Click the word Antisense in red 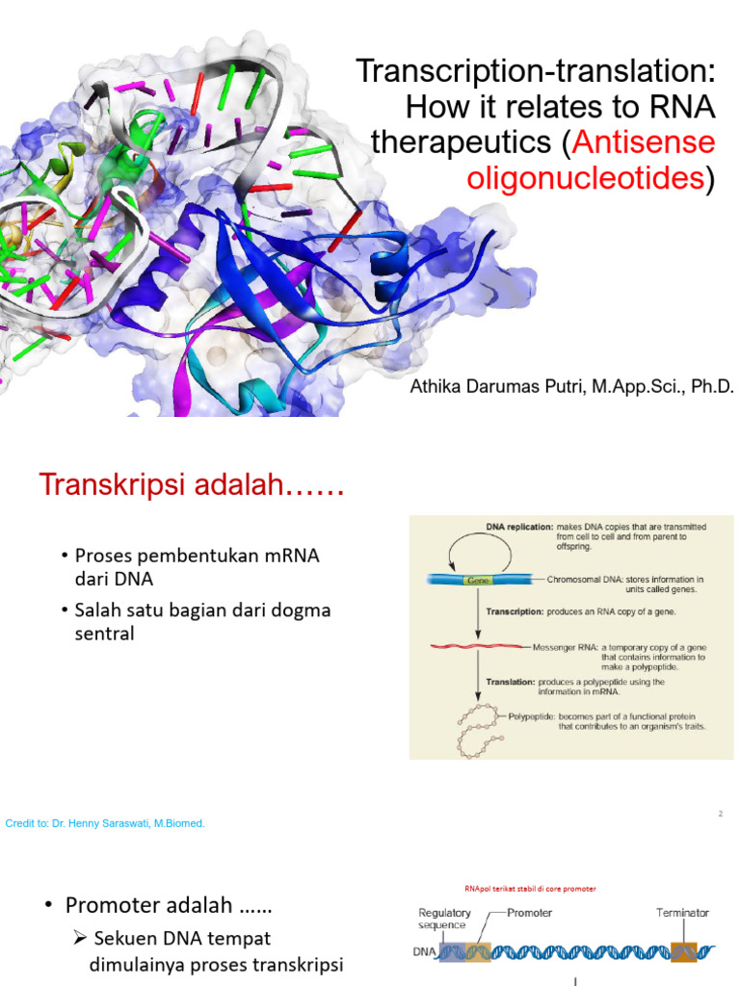point(644,143)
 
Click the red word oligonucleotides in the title point(585,178)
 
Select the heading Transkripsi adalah point(192,485)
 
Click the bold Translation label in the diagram point(511,682)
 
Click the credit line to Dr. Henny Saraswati point(105,823)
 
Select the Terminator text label point(682,912)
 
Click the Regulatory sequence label point(444,919)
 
